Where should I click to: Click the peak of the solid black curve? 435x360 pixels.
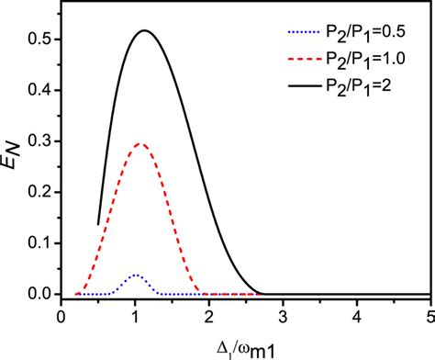coord(144,30)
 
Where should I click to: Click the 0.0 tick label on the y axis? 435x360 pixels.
coord(39,295)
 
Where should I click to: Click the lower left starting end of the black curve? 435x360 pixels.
coord(98,223)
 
